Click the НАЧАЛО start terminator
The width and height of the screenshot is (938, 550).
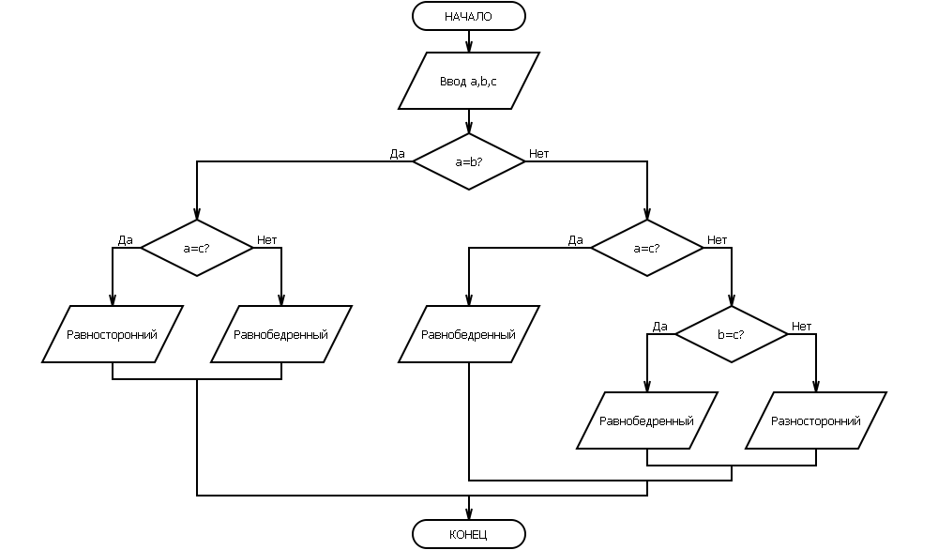[x=468, y=16]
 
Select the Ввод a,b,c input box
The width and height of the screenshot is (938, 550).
[x=468, y=81]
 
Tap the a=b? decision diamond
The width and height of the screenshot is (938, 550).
[x=468, y=161]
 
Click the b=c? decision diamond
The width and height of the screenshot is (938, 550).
[x=731, y=334]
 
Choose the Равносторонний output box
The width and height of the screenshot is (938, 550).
[x=112, y=334]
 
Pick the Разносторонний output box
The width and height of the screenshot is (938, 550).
[x=815, y=420]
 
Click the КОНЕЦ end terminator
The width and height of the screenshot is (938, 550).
[x=468, y=534]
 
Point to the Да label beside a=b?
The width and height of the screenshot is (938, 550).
[x=397, y=154]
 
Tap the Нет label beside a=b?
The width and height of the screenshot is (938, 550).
[x=539, y=154]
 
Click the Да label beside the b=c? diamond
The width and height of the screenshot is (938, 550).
[x=659, y=327]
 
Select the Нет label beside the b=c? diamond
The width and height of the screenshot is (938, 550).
[x=802, y=327]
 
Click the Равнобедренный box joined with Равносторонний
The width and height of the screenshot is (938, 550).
[x=280, y=334]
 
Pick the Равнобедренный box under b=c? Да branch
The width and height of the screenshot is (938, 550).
[x=646, y=420]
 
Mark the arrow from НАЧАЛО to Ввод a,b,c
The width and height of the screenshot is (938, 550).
[x=468, y=40]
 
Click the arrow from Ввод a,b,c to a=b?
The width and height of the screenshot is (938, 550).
[x=468, y=121]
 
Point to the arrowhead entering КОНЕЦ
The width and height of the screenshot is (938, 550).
[x=468, y=514]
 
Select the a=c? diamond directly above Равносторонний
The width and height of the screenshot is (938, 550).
[x=196, y=248]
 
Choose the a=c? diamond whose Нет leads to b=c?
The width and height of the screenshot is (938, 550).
[x=646, y=248]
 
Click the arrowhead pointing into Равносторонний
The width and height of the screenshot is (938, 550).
[x=112, y=300]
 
